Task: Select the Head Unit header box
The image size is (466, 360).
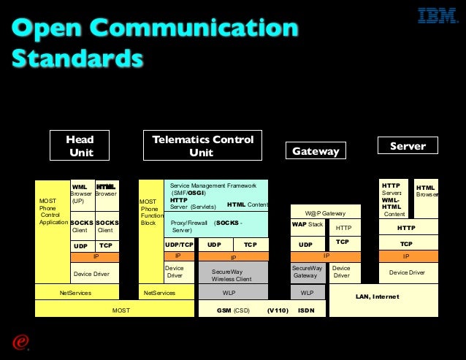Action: pos(80,145)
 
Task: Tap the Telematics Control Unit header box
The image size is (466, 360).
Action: pos(202,145)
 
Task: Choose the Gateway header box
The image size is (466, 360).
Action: pos(316,151)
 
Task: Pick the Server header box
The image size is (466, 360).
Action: pos(408,146)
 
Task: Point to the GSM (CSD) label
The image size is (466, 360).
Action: pos(232,310)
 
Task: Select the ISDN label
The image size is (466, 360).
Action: pos(306,310)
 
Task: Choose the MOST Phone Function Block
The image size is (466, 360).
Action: pos(150,211)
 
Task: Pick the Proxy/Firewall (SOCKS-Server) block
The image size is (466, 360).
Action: pos(216,226)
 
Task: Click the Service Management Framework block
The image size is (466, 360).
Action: pos(217,195)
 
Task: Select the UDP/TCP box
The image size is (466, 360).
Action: pos(179,245)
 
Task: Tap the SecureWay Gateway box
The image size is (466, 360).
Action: pos(307,273)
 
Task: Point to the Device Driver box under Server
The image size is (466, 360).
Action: pos(407,272)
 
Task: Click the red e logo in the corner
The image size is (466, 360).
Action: pos(19,342)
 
